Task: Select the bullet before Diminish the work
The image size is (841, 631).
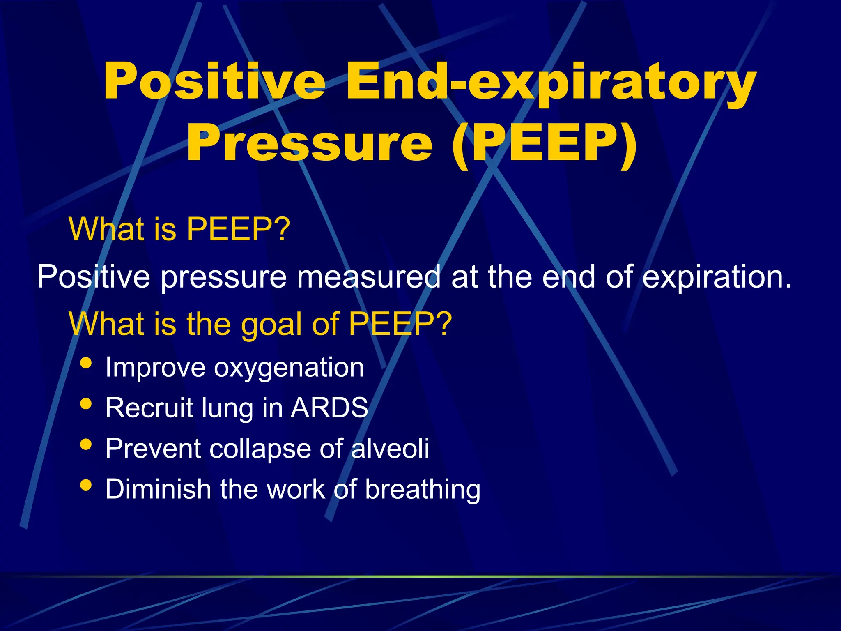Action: click(x=86, y=485)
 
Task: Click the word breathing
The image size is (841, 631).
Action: click(x=423, y=490)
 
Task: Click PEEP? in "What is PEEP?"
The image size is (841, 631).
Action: click(x=239, y=229)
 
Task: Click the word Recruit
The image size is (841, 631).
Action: click(x=149, y=408)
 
